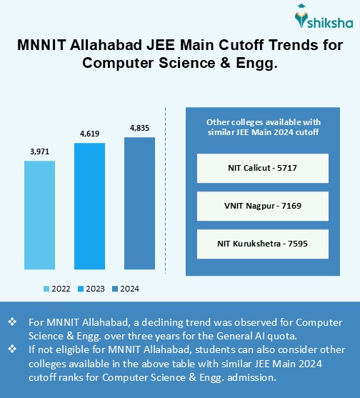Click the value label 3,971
pos(39,151)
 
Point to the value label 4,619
pos(89,134)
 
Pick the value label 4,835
pos(139,127)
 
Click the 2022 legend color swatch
pos(46,289)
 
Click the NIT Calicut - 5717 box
pos(262,169)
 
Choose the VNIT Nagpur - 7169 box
pos(262,207)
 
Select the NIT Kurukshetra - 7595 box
pos(262,244)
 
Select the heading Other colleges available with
pos(262,121)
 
